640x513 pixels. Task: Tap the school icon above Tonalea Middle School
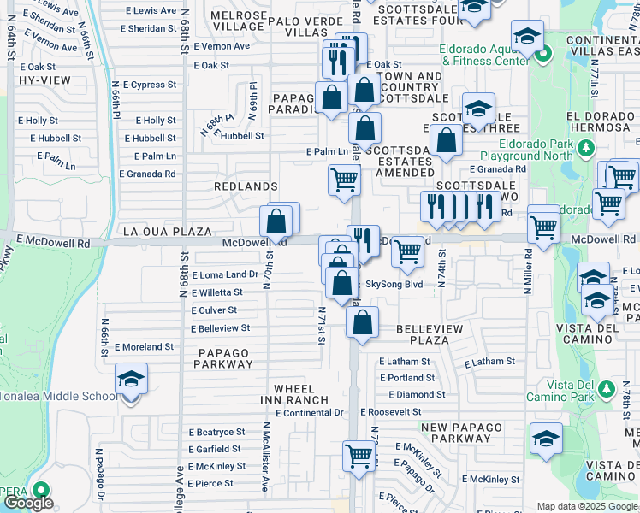(131, 379)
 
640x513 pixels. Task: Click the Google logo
(28, 503)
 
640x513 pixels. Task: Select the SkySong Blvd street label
(394, 284)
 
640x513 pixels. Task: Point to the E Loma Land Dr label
(225, 274)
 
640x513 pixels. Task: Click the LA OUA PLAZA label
(167, 232)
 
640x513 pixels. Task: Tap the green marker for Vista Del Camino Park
(606, 390)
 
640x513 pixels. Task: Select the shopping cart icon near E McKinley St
(359, 455)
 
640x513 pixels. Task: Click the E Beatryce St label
(216, 432)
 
